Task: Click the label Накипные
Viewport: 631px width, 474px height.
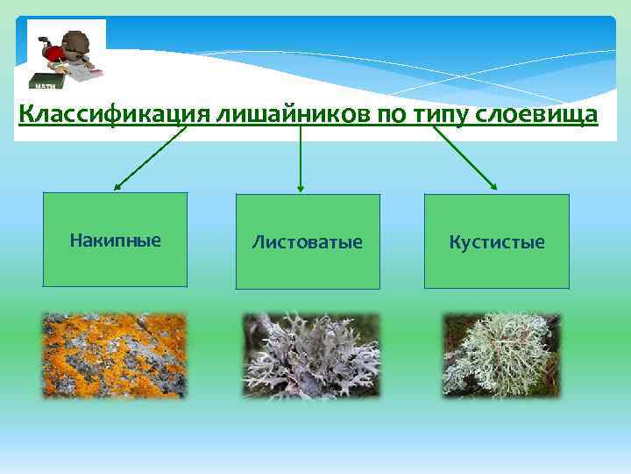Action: click(x=115, y=240)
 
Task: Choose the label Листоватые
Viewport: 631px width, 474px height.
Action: click(x=307, y=241)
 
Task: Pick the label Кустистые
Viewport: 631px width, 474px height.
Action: click(x=496, y=241)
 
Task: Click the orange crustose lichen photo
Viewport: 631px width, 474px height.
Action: click(x=115, y=355)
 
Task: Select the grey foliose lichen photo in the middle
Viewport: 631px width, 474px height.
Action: click(x=310, y=355)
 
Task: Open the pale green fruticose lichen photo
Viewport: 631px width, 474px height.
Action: click(x=500, y=355)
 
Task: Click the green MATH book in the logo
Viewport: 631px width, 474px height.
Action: click(x=46, y=83)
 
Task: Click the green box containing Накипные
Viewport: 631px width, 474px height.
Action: click(x=115, y=263)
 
